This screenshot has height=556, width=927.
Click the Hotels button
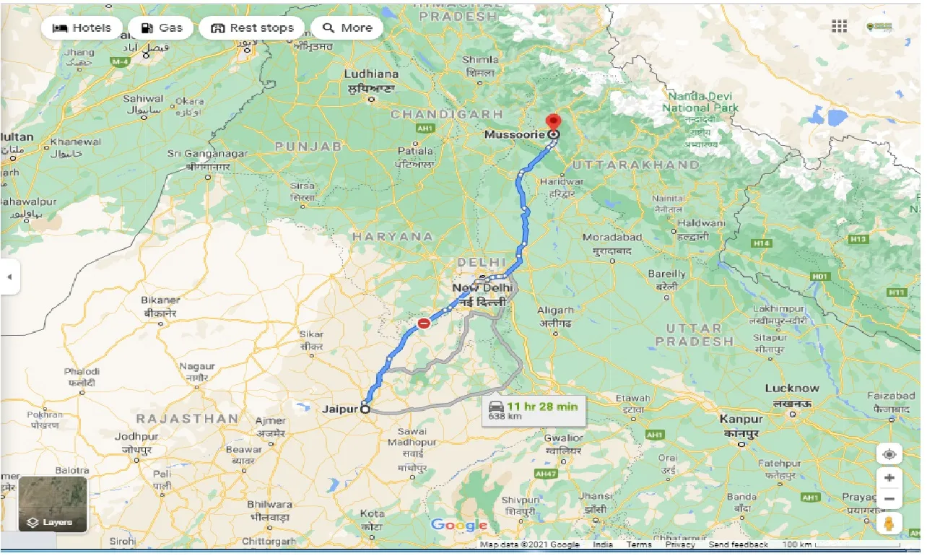tap(81, 28)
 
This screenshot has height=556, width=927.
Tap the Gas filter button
tap(161, 28)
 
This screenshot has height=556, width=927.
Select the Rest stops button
tap(252, 28)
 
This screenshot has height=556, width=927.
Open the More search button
tap(347, 28)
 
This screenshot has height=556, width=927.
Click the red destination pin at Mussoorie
tap(554, 123)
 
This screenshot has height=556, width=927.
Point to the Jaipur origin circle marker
tap(365, 409)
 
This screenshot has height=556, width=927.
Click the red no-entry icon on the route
tap(424, 323)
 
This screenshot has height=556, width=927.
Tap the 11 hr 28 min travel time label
tap(541, 406)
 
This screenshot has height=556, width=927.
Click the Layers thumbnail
tap(53, 504)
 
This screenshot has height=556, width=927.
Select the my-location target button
tap(889, 454)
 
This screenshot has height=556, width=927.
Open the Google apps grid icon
tap(839, 27)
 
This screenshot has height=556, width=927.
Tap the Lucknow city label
tap(792, 388)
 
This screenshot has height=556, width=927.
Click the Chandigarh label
tap(446, 114)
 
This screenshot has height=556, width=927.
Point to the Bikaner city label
tap(160, 300)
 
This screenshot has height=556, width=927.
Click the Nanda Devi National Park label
tap(700, 102)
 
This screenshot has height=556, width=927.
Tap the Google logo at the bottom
tap(459, 525)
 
